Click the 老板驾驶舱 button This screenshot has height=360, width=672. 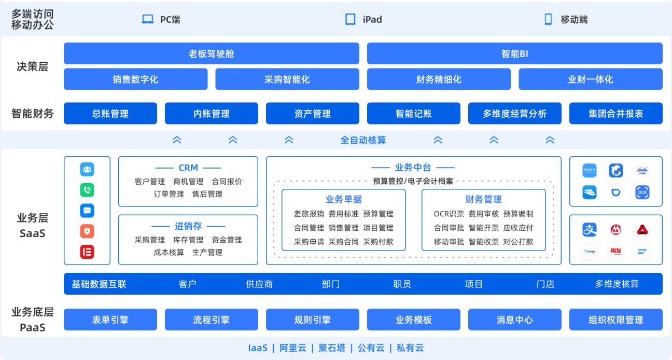pyautogui.click(x=212, y=53)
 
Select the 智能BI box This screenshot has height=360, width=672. pyautogui.click(x=514, y=53)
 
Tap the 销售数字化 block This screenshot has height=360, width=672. pyautogui.click(x=135, y=79)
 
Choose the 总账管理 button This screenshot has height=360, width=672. pyautogui.click(x=110, y=114)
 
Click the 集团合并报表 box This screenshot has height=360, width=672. pyautogui.click(x=615, y=114)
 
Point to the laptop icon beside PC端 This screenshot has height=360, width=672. pyautogui.click(x=148, y=19)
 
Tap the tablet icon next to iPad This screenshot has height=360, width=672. pyautogui.click(x=351, y=19)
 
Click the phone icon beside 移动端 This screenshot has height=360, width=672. pyautogui.click(x=548, y=19)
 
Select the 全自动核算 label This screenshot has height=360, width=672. pyautogui.click(x=363, y=140)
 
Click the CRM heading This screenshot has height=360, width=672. pyautogui.click(x=188, y=168)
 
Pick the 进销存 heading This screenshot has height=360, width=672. pyautogui.click(x=188, y=226)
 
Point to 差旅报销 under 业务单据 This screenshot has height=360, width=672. pyautogui.click(x=309, y=214)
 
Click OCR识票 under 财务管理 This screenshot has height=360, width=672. pyautogui.click(x=449, y=214)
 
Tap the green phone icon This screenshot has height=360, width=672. pyautogui.click(x=87, y=190)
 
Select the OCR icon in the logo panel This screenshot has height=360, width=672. pyautogui.click(x=642, y=192)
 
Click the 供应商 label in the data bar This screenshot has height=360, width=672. pyautogui.click(x=259, y=284)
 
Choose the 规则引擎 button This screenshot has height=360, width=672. pyautogui.click(x=312, y=320)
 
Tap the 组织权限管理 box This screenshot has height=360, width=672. pyautogui.click(x=615, y=320)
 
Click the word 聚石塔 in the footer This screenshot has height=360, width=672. pyautogui.click(x=332, y=348)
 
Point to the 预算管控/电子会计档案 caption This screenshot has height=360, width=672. pyautogui.click(x=413, y=181)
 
